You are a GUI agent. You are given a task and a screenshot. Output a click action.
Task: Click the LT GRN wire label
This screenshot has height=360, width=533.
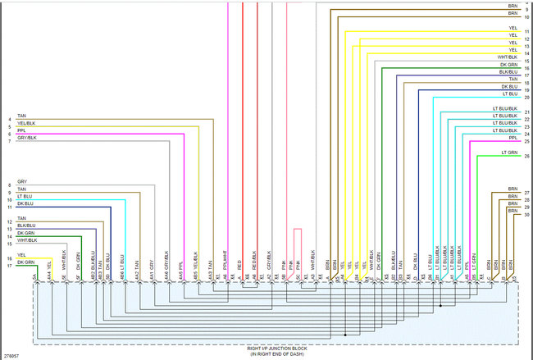(509, 152)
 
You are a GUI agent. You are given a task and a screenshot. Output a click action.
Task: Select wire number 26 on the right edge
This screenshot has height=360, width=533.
(527, 156)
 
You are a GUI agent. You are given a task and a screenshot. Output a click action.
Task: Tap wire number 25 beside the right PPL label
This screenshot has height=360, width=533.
(527, 141)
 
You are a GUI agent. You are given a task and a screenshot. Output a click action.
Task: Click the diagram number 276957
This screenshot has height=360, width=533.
(11, 356)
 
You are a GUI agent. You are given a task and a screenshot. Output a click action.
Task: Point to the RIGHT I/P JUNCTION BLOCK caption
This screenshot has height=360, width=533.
(276, 349)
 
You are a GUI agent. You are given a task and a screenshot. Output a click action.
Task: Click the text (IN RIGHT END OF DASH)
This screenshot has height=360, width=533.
(276, 354)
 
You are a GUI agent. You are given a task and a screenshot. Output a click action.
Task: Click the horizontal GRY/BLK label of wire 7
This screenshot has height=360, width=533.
(27, 138)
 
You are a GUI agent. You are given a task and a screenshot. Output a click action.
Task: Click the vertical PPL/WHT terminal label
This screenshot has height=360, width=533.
(225, 262)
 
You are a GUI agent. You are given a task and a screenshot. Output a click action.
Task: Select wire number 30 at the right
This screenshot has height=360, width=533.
(527, 214)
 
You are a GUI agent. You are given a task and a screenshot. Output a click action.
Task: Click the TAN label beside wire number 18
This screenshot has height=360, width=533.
(512, 80)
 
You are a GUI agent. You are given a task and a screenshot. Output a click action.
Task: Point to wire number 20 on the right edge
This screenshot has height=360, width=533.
(527, 98)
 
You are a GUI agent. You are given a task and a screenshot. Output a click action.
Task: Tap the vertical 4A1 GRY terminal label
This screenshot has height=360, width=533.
(153, 263)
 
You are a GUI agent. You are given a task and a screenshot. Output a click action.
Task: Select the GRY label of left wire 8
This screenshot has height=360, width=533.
(22, 180)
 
